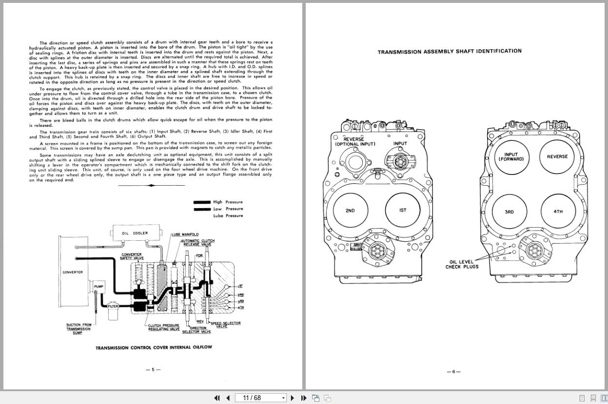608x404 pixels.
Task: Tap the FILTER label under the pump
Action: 113,306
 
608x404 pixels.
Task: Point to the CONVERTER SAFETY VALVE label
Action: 132,256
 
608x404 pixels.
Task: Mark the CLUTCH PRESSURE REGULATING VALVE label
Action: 164,327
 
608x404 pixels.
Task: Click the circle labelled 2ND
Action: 350,211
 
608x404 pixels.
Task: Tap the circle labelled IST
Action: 403,211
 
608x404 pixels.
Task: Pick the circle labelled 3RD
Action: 510,212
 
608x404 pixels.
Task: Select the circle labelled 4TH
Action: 558,212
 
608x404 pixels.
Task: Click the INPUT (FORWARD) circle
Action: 511,157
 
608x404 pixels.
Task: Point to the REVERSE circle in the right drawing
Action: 557,156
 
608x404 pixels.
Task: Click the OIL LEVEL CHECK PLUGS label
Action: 462,264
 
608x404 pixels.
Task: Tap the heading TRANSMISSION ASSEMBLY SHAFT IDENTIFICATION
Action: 450,51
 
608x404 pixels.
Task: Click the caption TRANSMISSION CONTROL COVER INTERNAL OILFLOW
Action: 154,347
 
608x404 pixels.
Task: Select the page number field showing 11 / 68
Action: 258,398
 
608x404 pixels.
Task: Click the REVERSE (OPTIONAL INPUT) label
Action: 354,141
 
